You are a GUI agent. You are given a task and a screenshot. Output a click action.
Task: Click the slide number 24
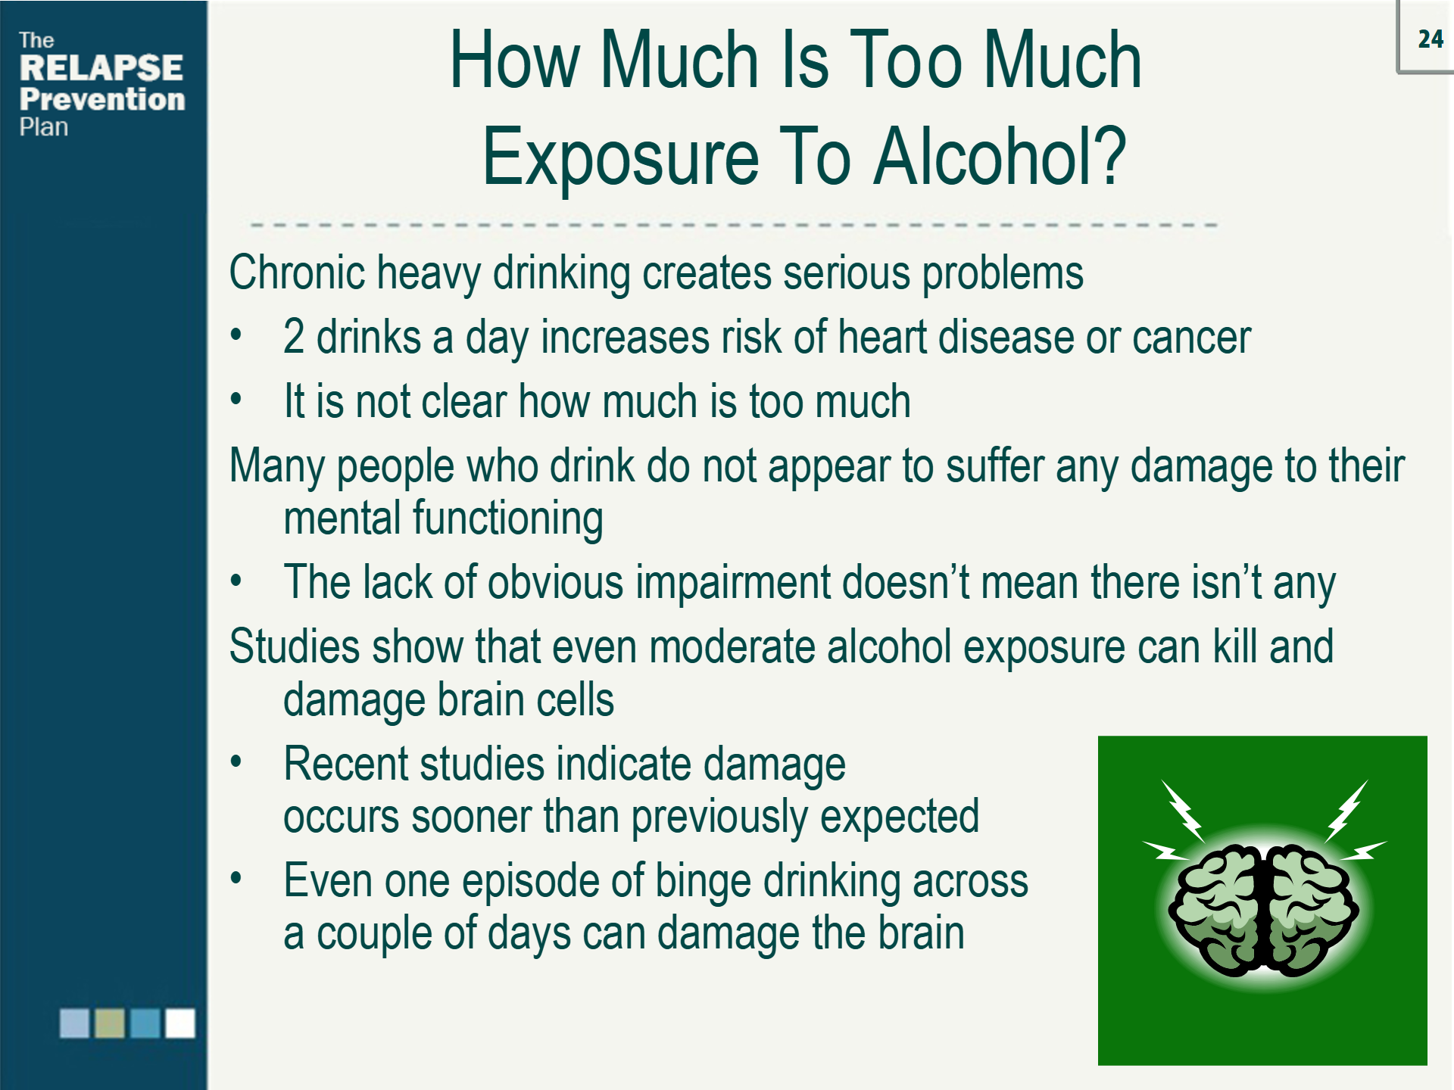pos(1431,39)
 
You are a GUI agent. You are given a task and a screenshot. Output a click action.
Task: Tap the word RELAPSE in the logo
pos(101,68)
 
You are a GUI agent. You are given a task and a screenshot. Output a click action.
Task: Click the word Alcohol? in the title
pos(1000,157)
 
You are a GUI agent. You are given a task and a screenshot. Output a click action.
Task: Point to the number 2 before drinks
pos(294,337)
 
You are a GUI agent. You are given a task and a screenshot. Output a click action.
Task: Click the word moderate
pos(732,647)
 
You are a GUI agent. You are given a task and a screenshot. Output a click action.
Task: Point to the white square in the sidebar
pos(180,1023)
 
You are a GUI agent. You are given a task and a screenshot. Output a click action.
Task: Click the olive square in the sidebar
pos(110,1023)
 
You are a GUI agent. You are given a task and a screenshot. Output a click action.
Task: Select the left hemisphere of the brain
pos(1215,908)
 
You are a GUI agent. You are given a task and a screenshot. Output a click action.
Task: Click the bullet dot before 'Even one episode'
pos(236,878)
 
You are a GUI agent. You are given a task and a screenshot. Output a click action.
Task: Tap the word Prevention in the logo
pos(102,99)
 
